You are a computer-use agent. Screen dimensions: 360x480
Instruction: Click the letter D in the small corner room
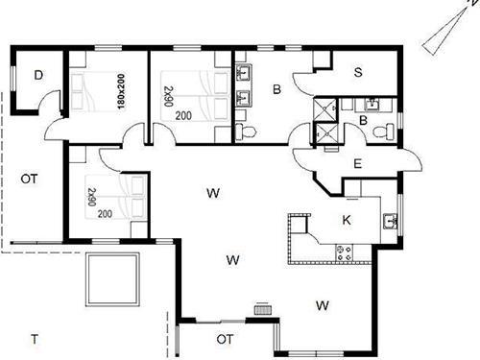(39, 74)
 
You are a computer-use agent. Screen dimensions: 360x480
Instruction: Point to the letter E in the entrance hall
(356, 163)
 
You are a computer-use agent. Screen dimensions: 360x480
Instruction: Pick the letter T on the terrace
(35, 338)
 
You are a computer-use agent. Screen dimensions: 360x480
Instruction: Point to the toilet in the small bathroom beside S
(383, 131)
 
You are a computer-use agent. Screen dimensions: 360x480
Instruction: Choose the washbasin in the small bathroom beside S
(369, 105)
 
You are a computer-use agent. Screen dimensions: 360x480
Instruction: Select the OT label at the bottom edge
(226, 338)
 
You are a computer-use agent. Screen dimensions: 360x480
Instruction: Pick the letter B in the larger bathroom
(276, 90)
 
